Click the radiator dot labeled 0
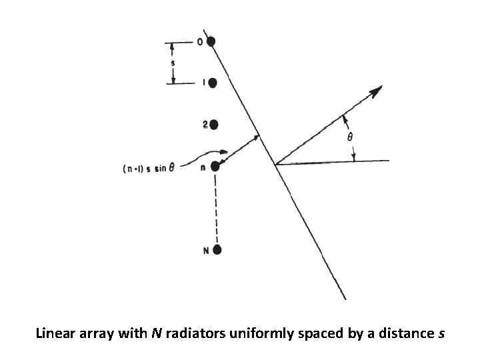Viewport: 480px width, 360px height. [211, 41]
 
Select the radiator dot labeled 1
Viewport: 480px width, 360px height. [213, 83]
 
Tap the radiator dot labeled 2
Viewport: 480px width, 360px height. [213, 124]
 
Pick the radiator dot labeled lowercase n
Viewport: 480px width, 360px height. [215, 166]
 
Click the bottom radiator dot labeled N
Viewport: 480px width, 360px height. [217, 250]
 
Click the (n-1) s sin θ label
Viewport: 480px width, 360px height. [148, 168]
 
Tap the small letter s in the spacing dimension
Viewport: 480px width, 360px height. [173, 64]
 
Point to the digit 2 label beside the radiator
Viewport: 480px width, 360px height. [205, 124]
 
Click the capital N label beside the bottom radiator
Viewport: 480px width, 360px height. [206, 251]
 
